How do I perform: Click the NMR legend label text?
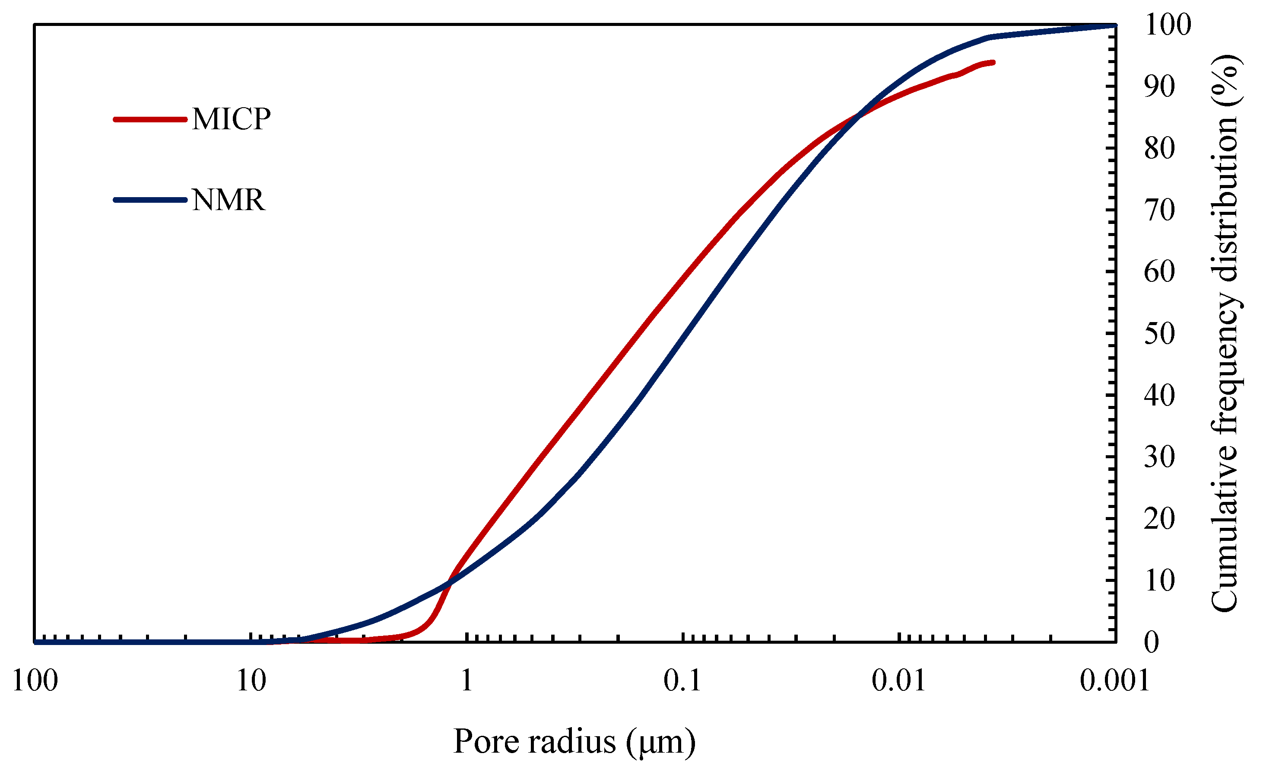228,200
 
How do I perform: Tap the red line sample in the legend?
150,120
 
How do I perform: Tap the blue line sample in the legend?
150,200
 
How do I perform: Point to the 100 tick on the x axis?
35,681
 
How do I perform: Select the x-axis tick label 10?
251,681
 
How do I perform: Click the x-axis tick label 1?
466,681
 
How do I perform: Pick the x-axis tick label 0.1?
682,681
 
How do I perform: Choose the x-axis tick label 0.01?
898,681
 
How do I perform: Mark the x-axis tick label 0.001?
1114,681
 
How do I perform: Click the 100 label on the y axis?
1168,25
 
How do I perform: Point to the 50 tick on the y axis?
1159,334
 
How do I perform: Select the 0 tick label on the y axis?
1151,642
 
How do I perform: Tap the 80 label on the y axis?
1159,148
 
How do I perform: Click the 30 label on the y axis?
1159,457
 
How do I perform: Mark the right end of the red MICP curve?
993,63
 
